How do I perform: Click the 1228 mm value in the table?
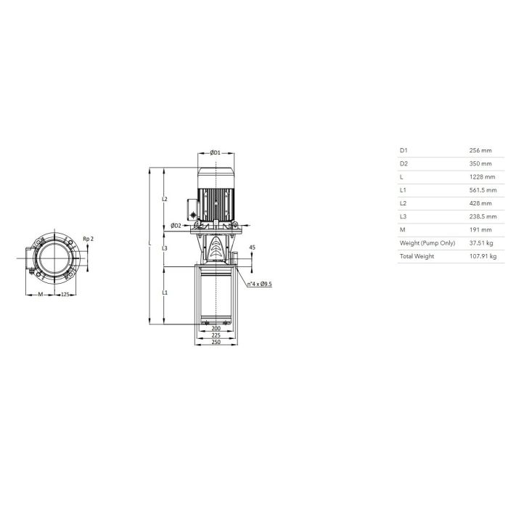(x=482, y=177)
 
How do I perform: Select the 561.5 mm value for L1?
(x=483, y=190)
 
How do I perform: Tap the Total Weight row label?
(x=417, y=256)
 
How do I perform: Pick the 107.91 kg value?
(x=483, y=256)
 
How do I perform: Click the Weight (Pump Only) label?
(x=427, y=243)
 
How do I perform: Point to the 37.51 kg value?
(x=481, y=243)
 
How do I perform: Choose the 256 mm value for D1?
(x=480, y=150)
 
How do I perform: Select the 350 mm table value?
(x=480, y=163)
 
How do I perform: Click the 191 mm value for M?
(x=480, y=230)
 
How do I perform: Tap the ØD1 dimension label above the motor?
(x=215, y=152)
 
